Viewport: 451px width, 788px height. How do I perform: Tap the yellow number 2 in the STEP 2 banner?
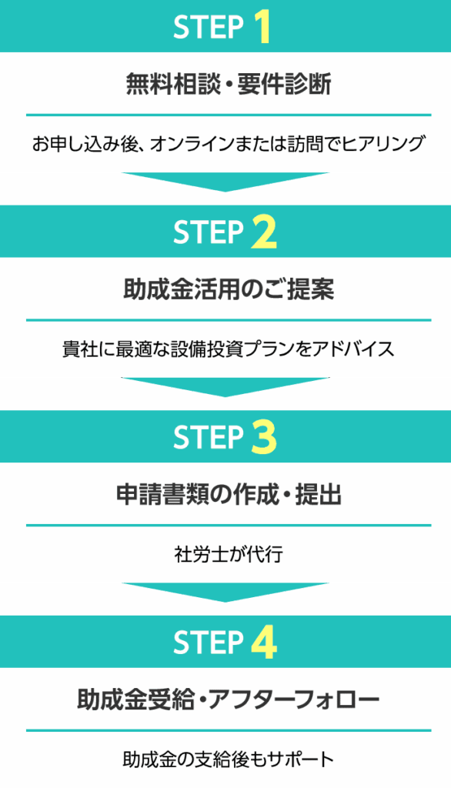tap(264, 232)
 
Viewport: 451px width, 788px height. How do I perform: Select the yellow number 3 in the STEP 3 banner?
tap(264, 438)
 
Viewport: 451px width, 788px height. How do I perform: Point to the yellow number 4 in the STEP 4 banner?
tap(264, 643)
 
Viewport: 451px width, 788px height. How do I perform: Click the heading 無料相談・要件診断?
tap(229, 84)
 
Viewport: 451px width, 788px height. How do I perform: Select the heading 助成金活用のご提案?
tap(229, 289)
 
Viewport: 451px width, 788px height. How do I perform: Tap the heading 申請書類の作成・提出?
tap(229, 495)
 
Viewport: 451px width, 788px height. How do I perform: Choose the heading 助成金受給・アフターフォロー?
tap(229, 700)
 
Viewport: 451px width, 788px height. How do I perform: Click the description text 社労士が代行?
tap(229, 554)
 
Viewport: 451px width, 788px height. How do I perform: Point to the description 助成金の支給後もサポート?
tap(229, 759)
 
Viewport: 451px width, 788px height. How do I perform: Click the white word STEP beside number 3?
tap(209, 438)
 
